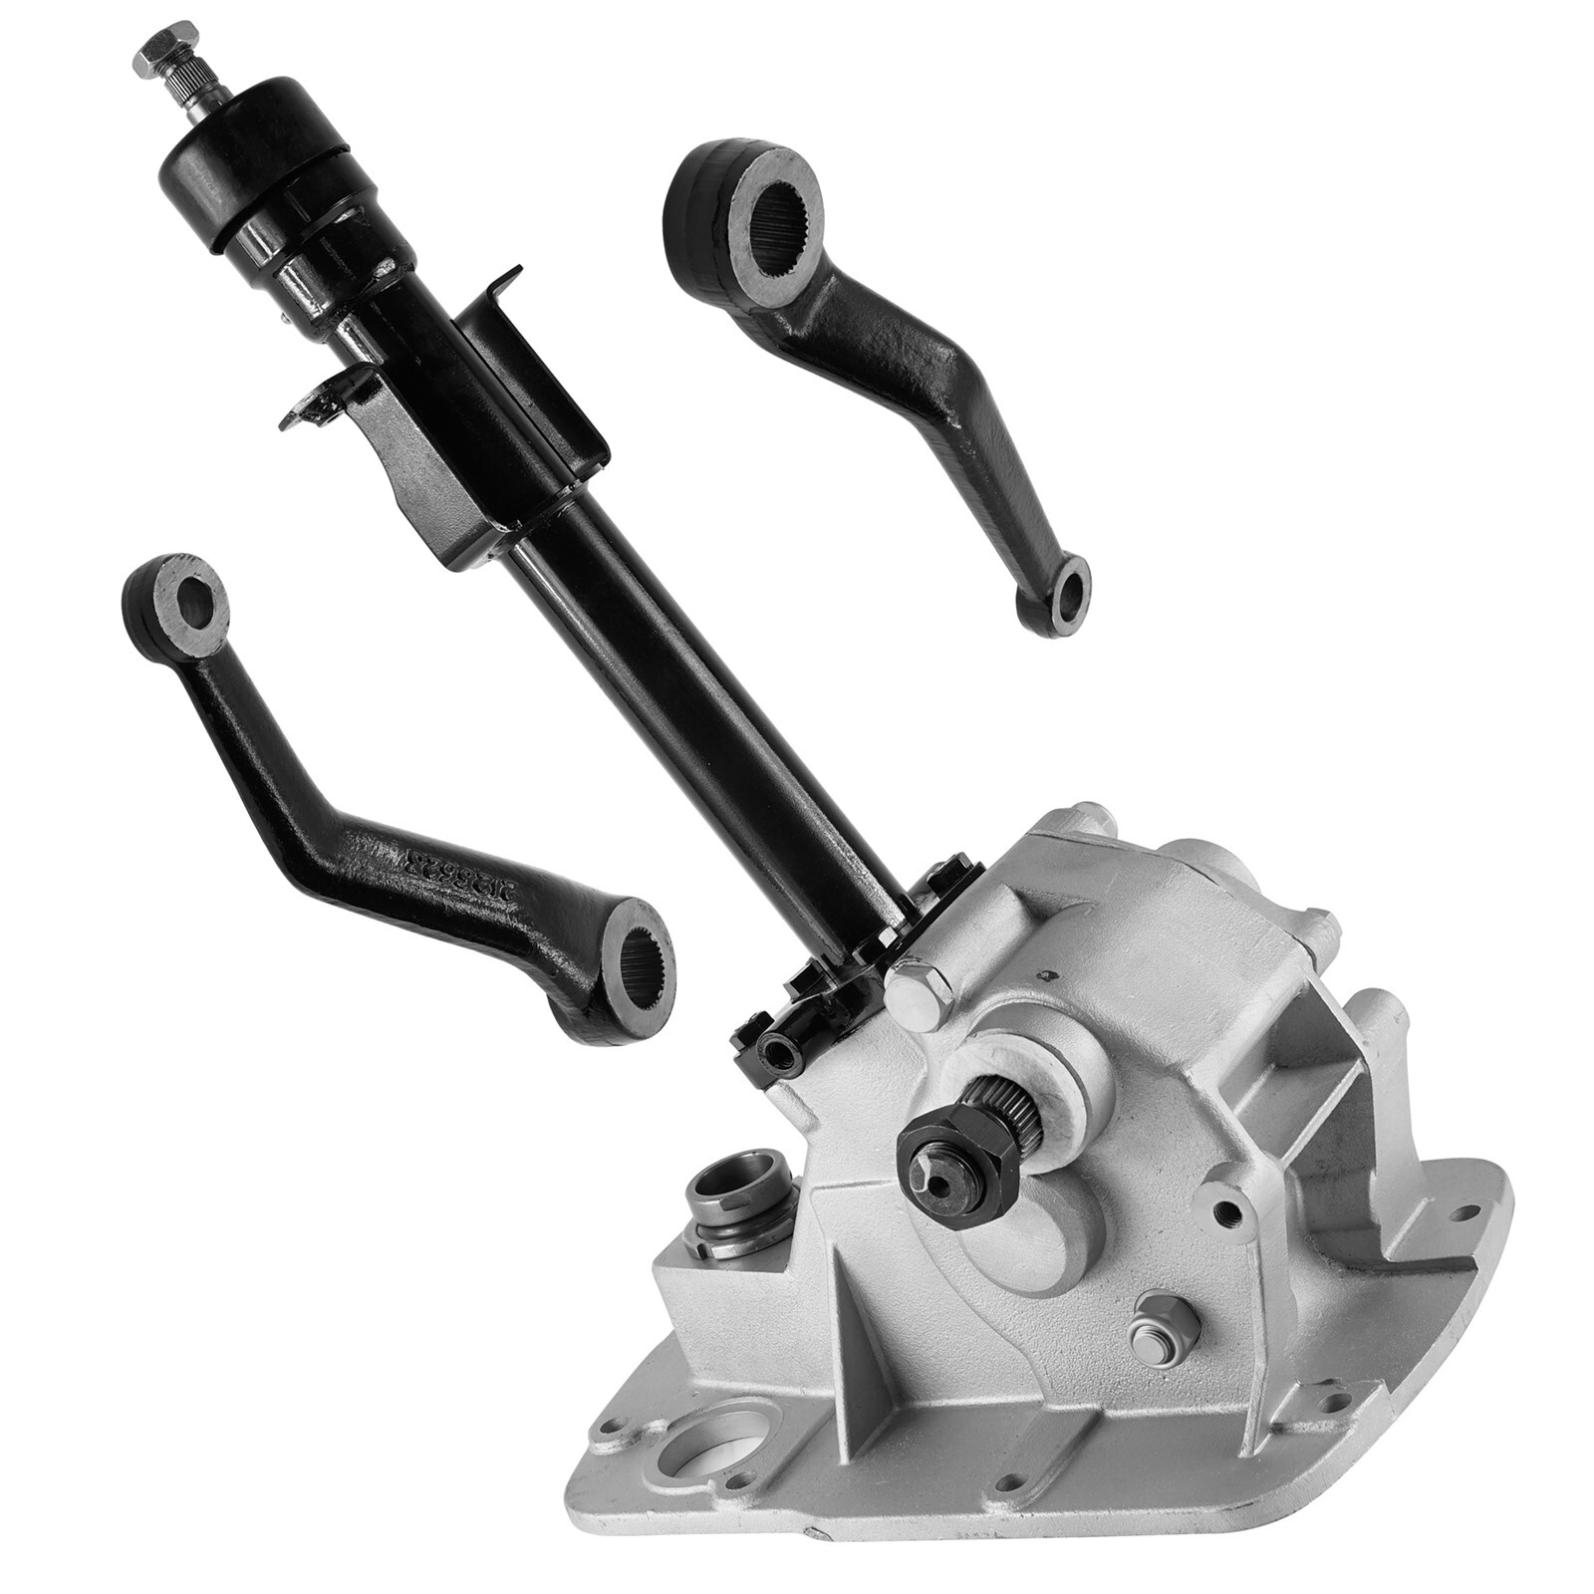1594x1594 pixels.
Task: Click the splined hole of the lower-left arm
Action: click(x=640, y=958)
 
